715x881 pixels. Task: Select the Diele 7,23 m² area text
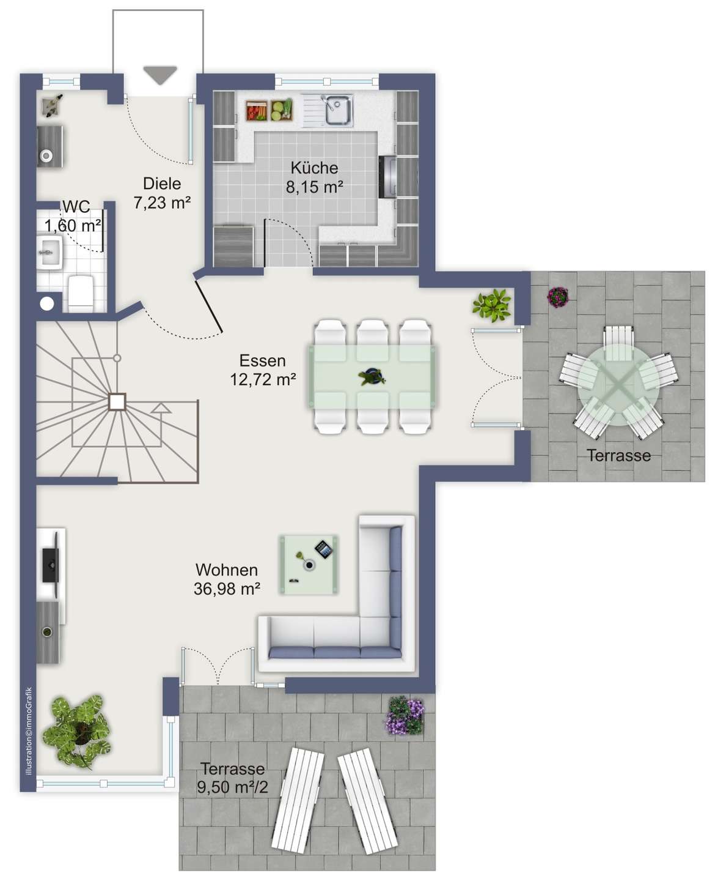point(162,193)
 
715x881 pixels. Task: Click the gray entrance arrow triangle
point(160,75)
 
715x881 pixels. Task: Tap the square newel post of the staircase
point(117,401)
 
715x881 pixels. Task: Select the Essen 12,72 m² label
point(263,370)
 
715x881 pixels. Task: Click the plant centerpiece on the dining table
point(372,376)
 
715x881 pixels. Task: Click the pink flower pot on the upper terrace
point(557,296)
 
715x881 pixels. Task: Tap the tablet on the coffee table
point(324,549)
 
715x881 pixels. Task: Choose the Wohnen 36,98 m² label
point(227,579)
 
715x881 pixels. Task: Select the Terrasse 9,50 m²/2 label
point(233,778)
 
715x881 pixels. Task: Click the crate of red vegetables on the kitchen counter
point(257,111)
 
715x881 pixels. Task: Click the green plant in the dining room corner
point(492,305)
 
